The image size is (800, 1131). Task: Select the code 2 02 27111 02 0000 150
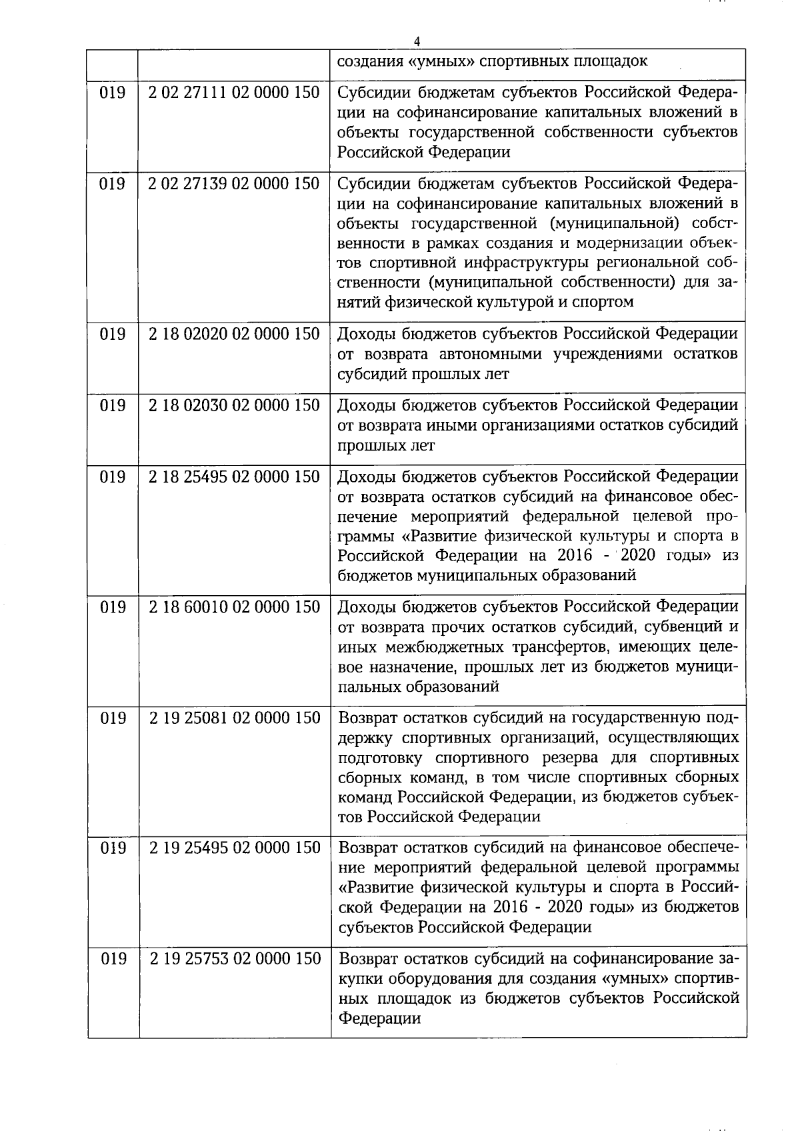click(x=235, y=92)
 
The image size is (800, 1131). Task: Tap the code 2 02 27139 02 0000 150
click(x=235, y=183)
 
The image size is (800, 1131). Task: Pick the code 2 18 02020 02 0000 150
click(x=235, y=334)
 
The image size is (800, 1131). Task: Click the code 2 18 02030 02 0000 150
click(x=235, y=405)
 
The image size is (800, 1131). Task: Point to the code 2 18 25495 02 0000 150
click(x=235, y=477)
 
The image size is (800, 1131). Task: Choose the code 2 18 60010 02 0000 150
click(x=235, y=607)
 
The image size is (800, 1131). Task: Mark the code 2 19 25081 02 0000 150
click(x=235, y=718)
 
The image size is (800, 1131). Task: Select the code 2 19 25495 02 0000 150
click(x=235, y=848)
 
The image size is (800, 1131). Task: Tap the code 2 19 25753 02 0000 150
click(x=235, y=959)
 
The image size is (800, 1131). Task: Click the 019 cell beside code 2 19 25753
click(x=113, y=959)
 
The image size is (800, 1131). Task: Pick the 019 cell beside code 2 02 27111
click(x=113, y=92)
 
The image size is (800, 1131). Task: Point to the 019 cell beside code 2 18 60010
click(x=113, y=607)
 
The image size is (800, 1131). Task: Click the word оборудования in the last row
click(x=446, y=979)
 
